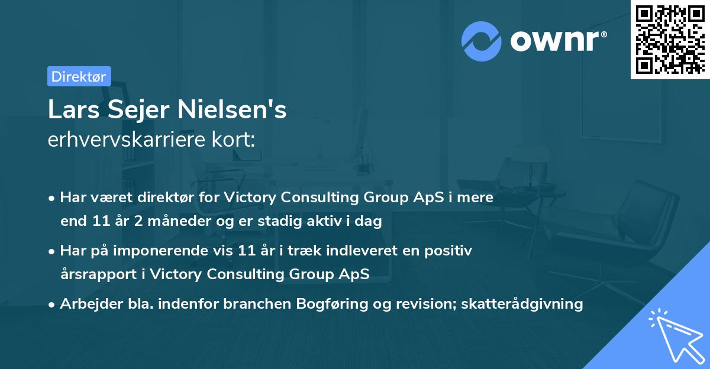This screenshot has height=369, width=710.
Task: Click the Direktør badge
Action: (79, 76)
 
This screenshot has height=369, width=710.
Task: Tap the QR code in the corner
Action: (670, 40)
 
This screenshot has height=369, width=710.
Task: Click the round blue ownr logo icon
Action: (482, 41)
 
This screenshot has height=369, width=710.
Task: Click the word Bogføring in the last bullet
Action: (340, 304)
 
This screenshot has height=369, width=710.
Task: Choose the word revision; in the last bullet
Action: (422, 304)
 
